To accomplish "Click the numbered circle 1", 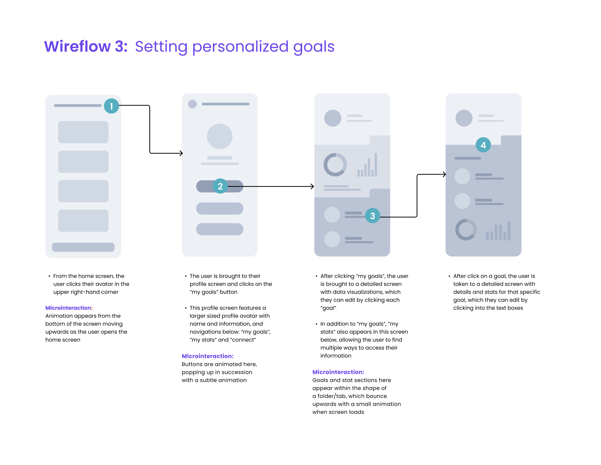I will (111, 106).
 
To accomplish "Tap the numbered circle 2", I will (220, 186).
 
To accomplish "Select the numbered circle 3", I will (372, 216).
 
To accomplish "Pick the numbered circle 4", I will (483, 145).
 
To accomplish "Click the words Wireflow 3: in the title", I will (86, 46).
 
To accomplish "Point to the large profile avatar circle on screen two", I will (220, 136).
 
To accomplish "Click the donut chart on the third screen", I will (335, 165).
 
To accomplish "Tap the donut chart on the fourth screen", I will (466, 230).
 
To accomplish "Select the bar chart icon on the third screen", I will (367, 165).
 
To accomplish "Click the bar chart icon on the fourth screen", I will (498, 231).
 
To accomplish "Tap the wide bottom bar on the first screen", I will (83, 247).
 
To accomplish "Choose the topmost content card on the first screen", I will (83, 132).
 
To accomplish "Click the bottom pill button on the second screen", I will (220, 229).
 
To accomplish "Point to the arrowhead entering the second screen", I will (181, 153).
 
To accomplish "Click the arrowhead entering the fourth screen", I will (444, 175).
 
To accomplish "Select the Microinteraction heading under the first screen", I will (69, 308).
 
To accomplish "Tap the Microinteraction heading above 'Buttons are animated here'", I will (208, 356).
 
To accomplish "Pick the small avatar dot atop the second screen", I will (192, 104).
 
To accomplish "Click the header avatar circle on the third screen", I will (333, 118).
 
